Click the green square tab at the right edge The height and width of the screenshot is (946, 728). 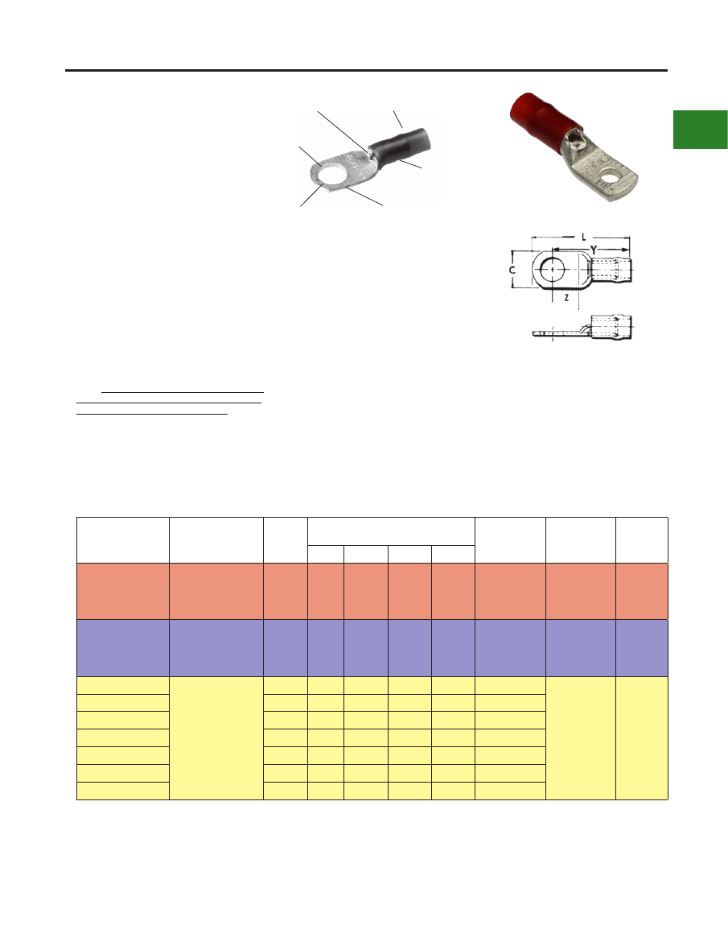(700, 129)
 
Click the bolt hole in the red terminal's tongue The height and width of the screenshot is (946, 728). (614, 178)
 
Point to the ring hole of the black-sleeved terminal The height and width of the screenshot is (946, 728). (328, 176)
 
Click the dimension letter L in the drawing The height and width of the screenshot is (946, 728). (583, 238)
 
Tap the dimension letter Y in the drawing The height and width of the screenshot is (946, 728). (593, 249)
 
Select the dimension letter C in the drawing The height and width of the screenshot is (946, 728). (512, 271)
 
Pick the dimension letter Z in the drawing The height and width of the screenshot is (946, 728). (566, 298)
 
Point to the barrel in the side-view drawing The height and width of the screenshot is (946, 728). (611, 327)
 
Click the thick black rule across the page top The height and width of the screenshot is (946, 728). (366, 71)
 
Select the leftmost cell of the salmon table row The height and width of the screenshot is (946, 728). (123, 591)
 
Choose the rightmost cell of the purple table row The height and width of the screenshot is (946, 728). (642, 648)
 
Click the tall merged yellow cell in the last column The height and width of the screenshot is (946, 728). (642, 737)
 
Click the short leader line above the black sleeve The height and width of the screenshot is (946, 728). (397, 119)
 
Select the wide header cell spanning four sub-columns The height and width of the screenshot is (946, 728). (391, 531)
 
